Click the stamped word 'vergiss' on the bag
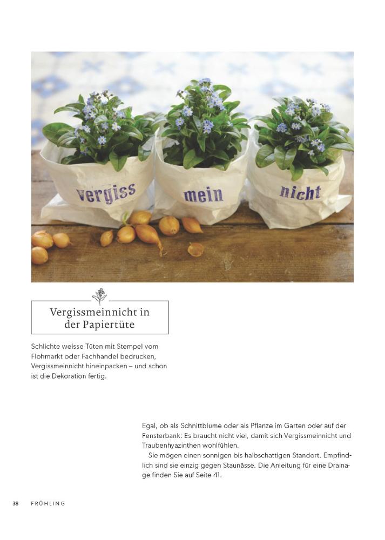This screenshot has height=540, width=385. (106, 193)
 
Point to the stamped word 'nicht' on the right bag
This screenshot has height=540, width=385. (300, 192)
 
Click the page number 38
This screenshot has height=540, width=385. (16, 503)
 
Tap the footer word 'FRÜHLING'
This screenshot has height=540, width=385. (48, 503)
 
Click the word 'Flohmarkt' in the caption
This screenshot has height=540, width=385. (49, 356)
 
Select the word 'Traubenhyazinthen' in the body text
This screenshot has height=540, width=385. (171, 446)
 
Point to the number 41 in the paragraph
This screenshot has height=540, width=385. (218, 475)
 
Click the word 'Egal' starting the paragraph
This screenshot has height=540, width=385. (150, 426)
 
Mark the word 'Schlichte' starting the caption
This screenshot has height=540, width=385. (46, 346)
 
